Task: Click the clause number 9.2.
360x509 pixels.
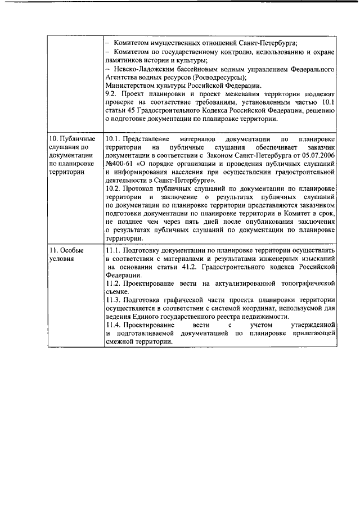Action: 112,92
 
